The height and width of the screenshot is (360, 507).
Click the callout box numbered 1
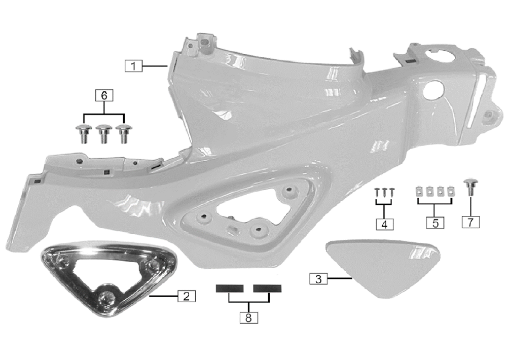[133, 66]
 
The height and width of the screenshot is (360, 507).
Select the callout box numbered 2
[187, 296]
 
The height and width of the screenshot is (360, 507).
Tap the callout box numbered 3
[318, 279]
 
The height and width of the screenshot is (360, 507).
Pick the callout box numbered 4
[384, 224]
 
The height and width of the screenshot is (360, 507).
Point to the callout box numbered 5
[435, 223]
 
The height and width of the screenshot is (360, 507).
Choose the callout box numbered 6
[104, 95]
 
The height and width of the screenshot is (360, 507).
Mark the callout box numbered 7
[470, 222]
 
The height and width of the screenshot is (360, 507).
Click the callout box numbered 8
[248, 317]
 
